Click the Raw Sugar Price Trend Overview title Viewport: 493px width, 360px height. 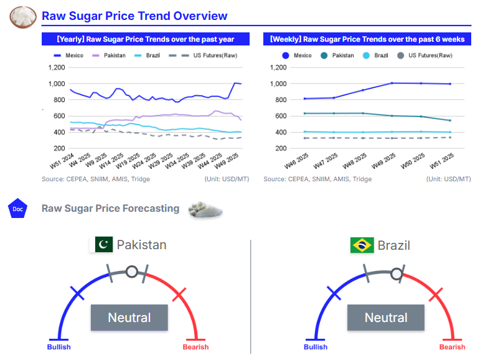click(134, 16)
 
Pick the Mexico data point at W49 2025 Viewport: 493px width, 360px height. click(392, 83)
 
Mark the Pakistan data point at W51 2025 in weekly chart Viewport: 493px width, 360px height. click(450, 120)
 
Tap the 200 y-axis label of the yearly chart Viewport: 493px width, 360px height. click(59, 148)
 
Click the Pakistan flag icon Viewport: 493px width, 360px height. click(103, 245)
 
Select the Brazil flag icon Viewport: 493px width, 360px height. click(362, 245)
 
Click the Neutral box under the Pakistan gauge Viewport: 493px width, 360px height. click(129, 318)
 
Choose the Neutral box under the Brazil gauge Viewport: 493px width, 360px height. click(386, 318)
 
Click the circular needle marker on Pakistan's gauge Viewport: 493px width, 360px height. click(131, 272)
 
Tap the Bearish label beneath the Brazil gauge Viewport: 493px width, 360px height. click(452, 347)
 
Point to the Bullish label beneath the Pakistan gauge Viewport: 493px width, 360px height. click(59, 347)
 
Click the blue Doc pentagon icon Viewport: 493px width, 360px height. click(18, 209)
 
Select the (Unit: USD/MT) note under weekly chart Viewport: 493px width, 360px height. click(448, 179)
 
